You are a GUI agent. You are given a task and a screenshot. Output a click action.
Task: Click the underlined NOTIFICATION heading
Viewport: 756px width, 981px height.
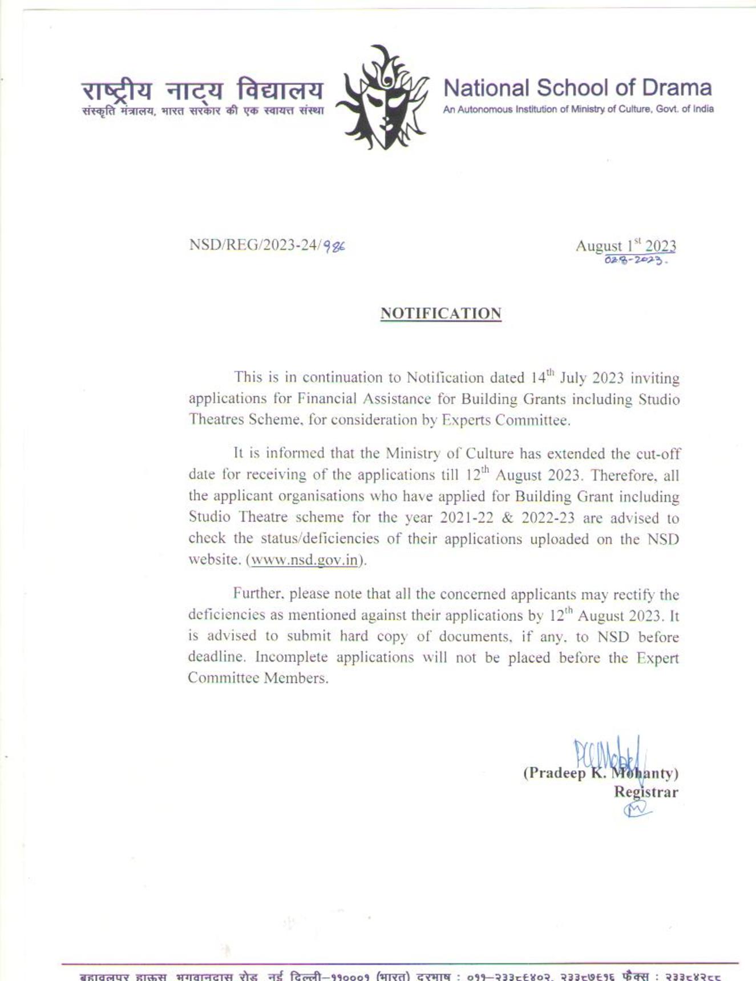click(x=440, y=314)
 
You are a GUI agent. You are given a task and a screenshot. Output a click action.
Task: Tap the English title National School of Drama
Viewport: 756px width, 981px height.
click(x=577, y=88)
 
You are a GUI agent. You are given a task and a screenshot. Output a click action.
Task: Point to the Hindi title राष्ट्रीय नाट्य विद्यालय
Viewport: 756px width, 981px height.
click(x=203, y=90)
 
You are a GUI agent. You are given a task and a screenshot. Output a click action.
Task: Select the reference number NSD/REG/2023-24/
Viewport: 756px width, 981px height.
click(x=255, y=245)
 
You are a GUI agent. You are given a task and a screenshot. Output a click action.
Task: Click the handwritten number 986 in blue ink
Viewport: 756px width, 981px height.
click(x=334, y=246)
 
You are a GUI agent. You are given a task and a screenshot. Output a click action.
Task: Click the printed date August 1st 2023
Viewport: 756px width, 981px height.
click(x=625, y=246)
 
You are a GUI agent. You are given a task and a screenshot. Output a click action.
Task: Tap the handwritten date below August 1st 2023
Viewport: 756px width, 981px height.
click(x=634, y=260)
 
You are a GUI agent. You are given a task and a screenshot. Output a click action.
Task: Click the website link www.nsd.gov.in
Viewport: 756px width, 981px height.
click(x=305, y=560)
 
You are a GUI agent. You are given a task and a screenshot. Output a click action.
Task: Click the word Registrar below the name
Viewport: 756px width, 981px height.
click(x=645, y=792)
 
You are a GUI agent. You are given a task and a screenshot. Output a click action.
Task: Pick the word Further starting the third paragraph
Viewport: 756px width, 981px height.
click(x=257, y=594)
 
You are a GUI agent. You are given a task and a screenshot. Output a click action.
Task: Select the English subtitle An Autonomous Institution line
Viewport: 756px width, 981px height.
click(x=577, y=109)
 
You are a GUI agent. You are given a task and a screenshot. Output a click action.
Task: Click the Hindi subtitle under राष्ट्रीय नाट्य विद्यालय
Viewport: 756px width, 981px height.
click(x=203, y=111)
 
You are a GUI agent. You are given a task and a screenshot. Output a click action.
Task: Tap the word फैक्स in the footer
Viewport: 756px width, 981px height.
click(x=635, y=976)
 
